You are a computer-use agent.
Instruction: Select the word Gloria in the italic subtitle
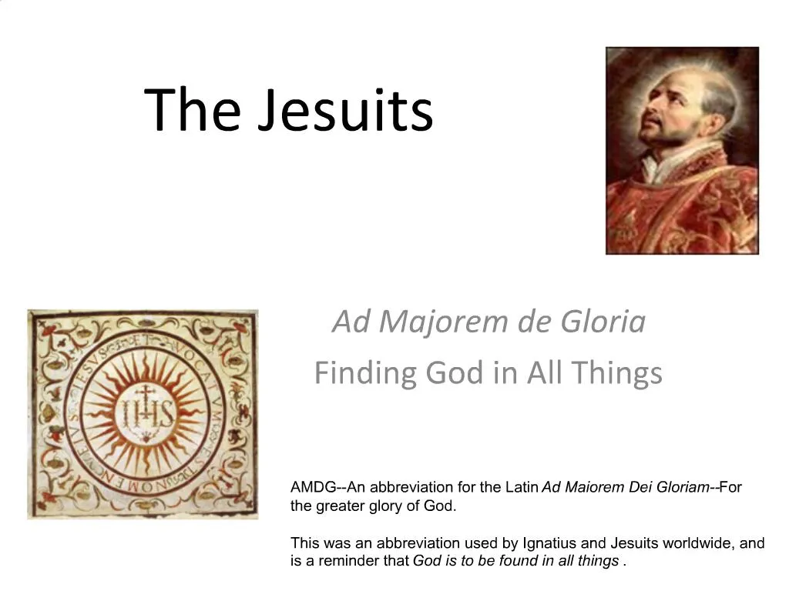click(603, 322)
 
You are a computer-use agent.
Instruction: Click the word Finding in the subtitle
click(364, 374)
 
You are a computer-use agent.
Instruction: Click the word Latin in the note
click(522, 487)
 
